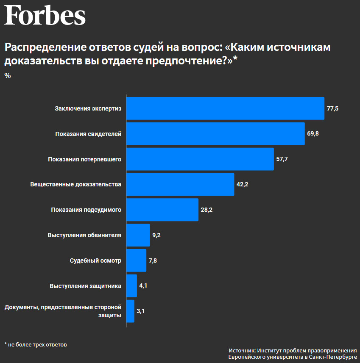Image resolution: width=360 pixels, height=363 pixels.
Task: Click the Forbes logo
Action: tap(45, 16)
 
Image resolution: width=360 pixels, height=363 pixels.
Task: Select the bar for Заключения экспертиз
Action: tap(226, 108)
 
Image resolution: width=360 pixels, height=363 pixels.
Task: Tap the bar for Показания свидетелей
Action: tap(216, 134)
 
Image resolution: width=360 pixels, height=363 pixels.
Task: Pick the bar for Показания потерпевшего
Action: tap(200, 159)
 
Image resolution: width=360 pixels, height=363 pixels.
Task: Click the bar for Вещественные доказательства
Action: tap(181, 184)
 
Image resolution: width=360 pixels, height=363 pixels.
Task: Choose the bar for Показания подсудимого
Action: tap(163, 210)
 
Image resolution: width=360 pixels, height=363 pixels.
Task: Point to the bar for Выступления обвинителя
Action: tap(139, 235)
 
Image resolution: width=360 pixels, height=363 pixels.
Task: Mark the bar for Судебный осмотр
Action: tap(137, 260)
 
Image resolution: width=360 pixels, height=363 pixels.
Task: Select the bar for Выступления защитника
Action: tap(132, 286)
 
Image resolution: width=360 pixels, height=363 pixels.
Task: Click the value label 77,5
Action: tap(332, 108)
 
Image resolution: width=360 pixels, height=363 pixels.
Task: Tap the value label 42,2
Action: tap(242, 185)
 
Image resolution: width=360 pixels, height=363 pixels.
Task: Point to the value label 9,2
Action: tap(156, 235)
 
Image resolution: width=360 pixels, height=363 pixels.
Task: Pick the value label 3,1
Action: tap(141, 311)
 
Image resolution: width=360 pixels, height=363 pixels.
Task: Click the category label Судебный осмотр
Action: tap(95, 260)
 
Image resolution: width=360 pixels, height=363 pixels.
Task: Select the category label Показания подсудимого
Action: tap(86, 210)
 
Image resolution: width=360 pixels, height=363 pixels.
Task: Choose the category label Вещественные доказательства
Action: tap(76, 185)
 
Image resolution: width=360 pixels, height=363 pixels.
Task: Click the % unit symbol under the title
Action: tap(8, 76)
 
